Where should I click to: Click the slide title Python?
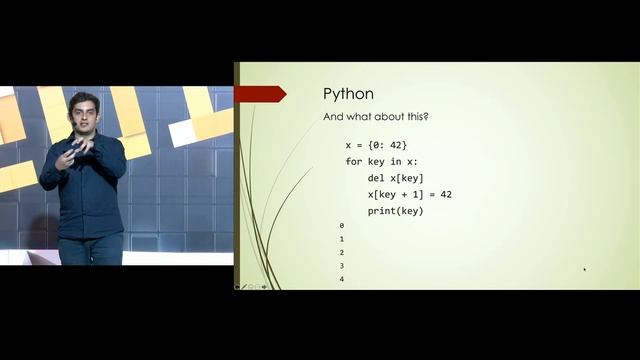pos(348,94)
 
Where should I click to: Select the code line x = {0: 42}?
pos(376,145)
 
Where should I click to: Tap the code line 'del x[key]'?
pos(395,178)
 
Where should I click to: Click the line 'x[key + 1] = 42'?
pos(410,194)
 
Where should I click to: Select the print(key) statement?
pos(396,211)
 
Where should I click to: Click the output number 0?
pos(342,226)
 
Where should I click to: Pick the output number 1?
pos(342,240)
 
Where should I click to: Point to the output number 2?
pos(342,253)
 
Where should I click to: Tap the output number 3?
pos(342,266)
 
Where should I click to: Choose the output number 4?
pos(342,279)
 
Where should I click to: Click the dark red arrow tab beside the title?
pos(262,94)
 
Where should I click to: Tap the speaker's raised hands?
pos(79,153)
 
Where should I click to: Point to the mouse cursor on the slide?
pos(585,269)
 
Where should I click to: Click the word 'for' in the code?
pos(353,161)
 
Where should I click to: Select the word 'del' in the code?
pos(376,178)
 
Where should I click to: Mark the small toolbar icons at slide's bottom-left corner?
pos(250,286)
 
